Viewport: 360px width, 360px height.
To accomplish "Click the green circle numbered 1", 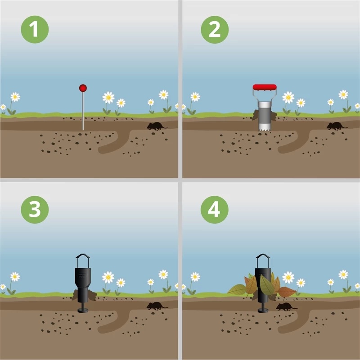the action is point(35,29).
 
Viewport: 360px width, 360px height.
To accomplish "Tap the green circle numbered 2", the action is point(215,29).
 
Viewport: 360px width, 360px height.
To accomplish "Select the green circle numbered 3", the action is point(35,210).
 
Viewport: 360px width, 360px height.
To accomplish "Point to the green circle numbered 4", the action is point(215,210).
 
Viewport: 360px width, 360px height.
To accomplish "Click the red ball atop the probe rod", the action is point(83,88).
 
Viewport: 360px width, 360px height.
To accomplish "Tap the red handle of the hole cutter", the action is point(265,87).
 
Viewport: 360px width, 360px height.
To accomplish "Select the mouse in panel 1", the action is point(157,126).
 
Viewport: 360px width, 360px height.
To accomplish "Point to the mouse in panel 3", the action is point(157,306).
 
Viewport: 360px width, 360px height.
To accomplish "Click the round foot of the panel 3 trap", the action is point(83,310).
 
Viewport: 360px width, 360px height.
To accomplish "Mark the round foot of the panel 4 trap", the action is point(263,310).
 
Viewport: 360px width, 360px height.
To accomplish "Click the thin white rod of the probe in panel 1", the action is point(83,111).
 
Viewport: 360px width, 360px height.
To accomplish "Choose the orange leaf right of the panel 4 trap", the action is point(287,292).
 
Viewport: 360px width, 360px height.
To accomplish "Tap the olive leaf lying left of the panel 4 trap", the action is point(237,290).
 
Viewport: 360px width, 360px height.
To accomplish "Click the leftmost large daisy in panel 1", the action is point(15,97).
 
